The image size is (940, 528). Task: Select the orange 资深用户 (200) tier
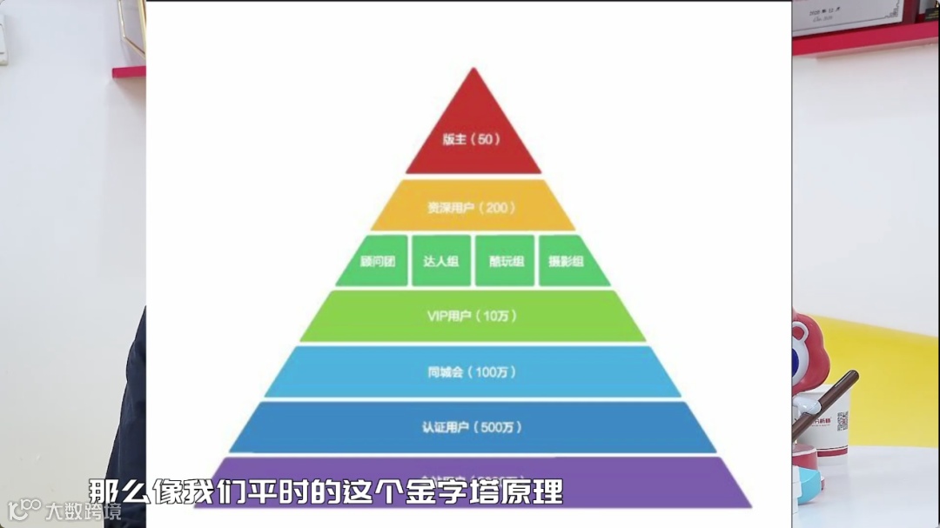[473, 207]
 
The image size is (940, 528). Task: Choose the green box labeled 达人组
[441, 260]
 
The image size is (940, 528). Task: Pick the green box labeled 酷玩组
[505, 260]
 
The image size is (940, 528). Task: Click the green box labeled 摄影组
[573, 260]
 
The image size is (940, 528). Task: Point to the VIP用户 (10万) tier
[473, 316]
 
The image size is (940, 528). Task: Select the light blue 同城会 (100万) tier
[473, 371]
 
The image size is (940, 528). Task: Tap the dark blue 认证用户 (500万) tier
[473, 427]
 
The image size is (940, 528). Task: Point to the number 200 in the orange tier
[499, 208]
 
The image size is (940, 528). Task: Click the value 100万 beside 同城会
[496, 372]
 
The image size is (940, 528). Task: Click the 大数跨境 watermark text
[84, 511]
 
